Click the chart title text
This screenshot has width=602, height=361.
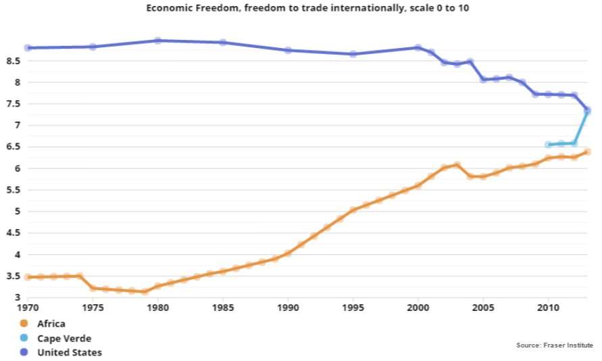(x=301, y=8)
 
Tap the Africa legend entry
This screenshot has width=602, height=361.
(x=51, y=323)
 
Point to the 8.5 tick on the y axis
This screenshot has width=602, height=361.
(x=12, y=61)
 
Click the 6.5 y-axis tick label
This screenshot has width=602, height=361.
(x=12, y=147)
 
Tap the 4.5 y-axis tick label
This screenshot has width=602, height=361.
(x=12, y=233)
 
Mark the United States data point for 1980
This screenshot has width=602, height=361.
(x=158, y=41)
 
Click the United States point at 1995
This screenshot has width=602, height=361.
(x=353, y=53)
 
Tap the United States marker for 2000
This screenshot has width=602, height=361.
(x=418, y=48)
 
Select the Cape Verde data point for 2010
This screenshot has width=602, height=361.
(x=548, y=145)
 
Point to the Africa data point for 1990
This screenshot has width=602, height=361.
(x=289, y=253)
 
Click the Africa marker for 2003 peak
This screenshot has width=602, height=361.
(x=457, y=165)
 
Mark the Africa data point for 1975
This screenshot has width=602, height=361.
(x=93, y=289)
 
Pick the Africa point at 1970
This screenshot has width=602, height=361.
(x=28, y=276)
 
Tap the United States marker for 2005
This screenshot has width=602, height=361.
(x=483, y=79)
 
